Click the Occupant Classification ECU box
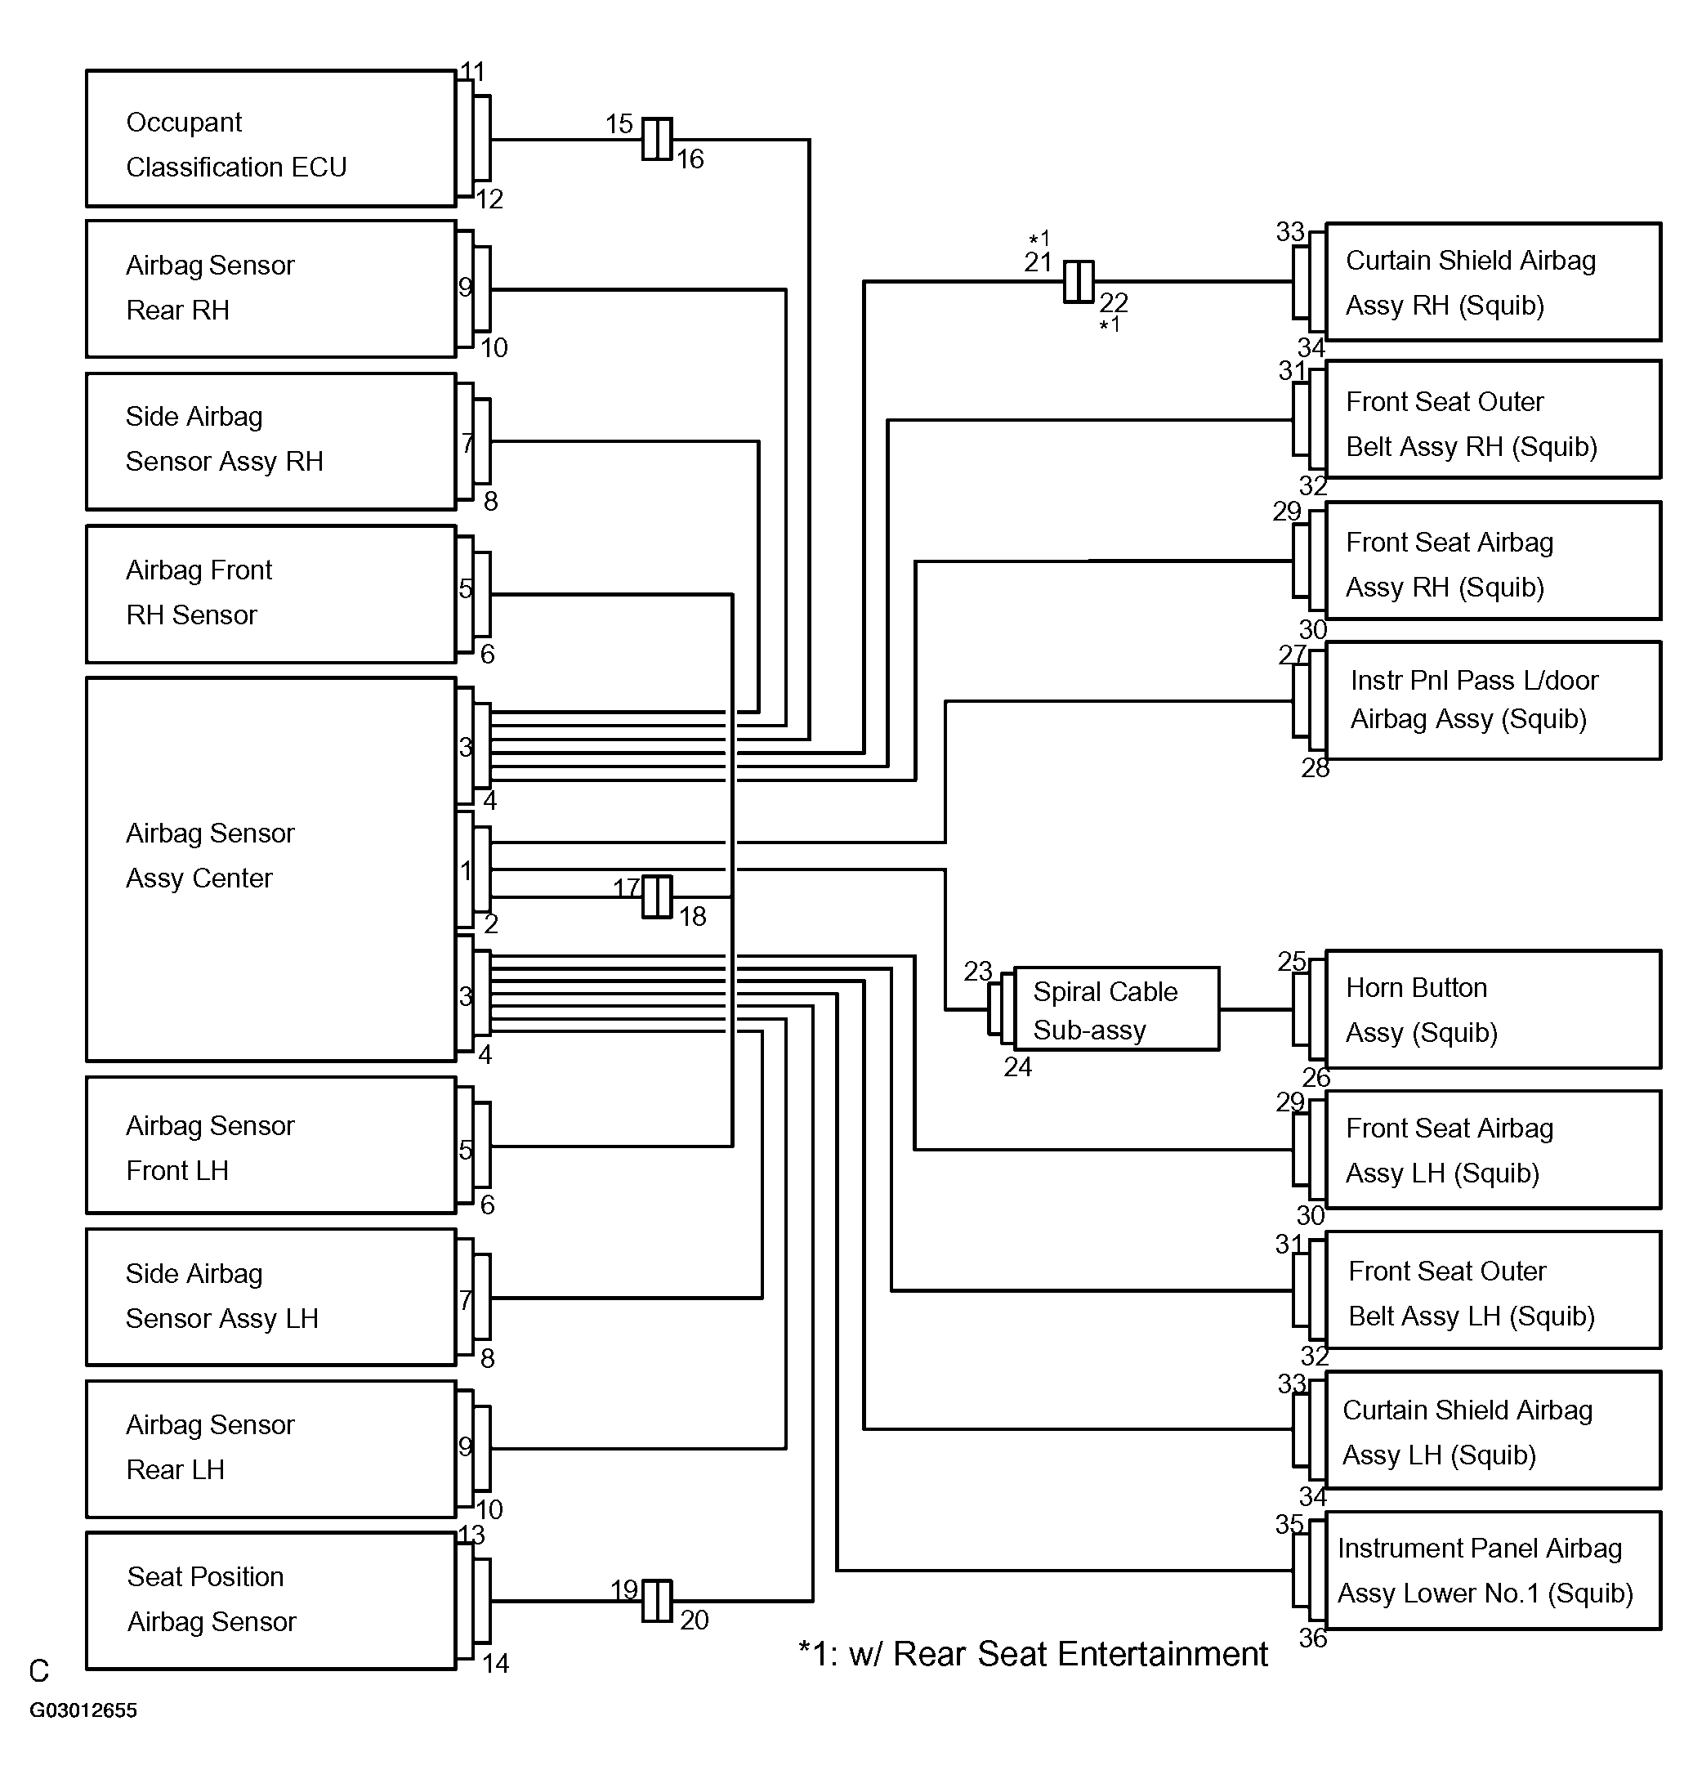(270, 139)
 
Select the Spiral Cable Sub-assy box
(1116, 1009)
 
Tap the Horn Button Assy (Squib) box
(1493, 1009)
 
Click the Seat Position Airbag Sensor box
(270, 1600)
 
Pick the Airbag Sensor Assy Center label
(210, 855)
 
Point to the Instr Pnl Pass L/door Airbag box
(1493, 700)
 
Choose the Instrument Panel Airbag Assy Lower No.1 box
(1493, 1571)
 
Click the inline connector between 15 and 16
(657, 139)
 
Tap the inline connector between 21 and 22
(1079, 282)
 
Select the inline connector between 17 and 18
(657, 896)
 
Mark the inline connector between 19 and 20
(657, 1600)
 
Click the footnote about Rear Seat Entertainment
(1034, 1653)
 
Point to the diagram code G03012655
(83, 1710)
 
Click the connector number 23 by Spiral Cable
(978, 971)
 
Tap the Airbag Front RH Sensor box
(270, 594)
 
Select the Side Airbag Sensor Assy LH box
(270, 1297)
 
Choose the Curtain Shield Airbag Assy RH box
(1493, 282)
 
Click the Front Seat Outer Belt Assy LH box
(1493, 1290)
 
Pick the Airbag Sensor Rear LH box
(270, 1449)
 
